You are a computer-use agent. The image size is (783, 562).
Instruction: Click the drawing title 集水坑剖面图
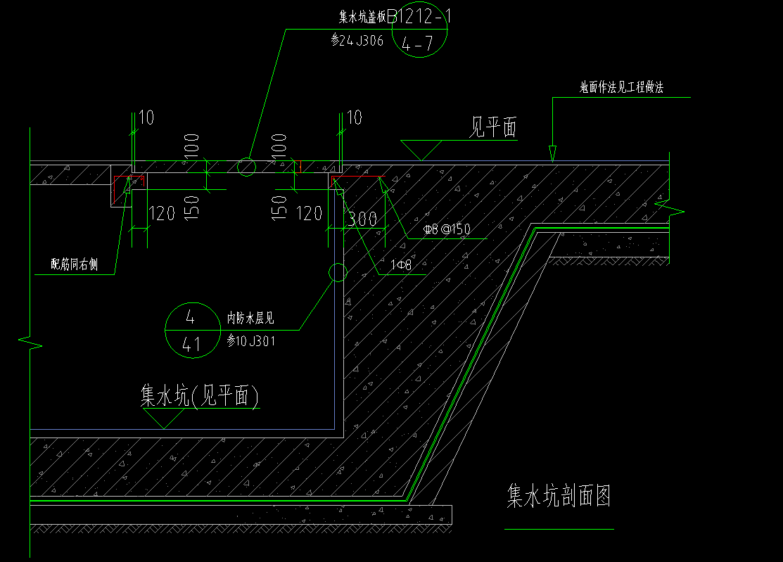[559, 496]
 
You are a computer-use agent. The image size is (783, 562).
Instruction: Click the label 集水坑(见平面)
[200, 397]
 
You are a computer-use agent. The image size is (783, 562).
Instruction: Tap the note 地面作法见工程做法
[621, 87]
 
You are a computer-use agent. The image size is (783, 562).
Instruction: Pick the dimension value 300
[363, 219]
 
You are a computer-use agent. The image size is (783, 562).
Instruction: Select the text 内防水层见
[250, 319]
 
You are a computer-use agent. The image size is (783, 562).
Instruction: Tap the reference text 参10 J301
[251, 341]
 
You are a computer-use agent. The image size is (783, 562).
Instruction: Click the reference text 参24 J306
[357, 41]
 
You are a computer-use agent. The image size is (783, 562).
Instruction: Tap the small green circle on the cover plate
[246, 167]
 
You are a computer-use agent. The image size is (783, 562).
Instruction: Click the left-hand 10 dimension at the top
[146, 117]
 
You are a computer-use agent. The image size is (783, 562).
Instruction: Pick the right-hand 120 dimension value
[309, 213]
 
